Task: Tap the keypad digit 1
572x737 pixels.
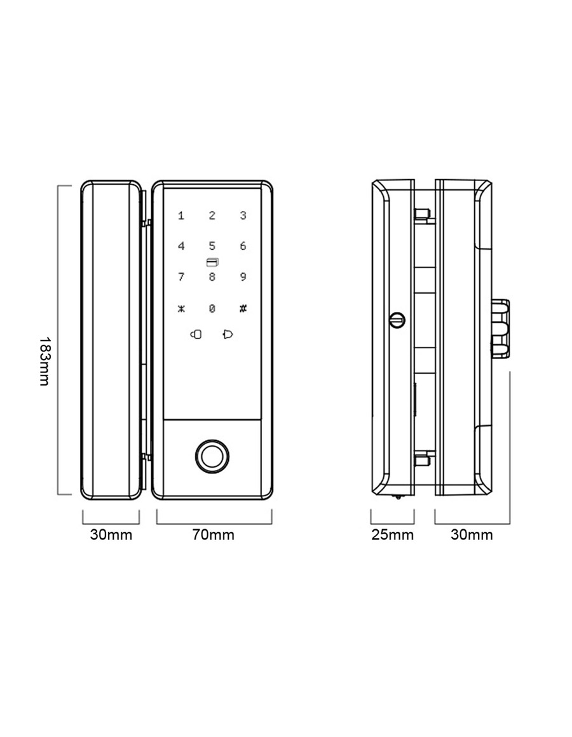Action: (x=181, y=216)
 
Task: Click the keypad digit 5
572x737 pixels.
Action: (x=212, y=246)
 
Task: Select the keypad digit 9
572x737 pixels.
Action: (x=243, y=276)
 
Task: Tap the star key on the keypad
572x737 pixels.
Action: (x=181, y=309)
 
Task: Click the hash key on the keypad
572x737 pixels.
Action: (x=243, y=309)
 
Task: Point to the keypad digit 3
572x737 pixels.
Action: (x=243, y=216)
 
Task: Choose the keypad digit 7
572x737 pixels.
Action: (x=181, y=276)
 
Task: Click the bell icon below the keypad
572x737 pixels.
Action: (x=228, y=334)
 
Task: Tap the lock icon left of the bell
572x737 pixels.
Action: (x=196, y=334)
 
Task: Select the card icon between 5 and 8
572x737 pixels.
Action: (x=212, y=262)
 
